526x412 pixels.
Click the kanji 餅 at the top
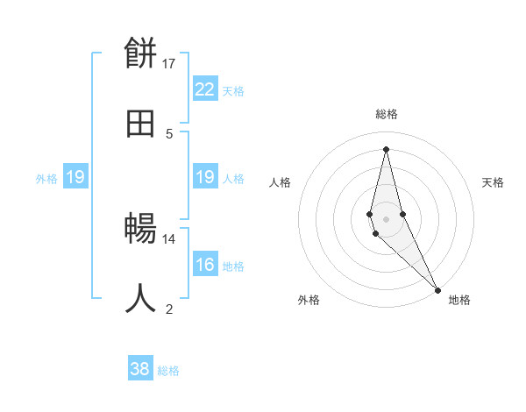[141, 54]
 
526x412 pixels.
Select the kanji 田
[141, 124]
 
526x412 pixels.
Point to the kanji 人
[141, 299]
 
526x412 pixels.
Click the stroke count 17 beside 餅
[169, 63]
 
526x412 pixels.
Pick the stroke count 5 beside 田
[169, 133]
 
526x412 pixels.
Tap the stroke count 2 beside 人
[169, 309]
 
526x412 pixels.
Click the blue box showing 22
[205, 89]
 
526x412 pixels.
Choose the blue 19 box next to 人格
[205, 177]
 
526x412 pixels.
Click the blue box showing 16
[205, 265]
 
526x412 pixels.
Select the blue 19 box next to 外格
[75, 177]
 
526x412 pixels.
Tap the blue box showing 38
[140, 369]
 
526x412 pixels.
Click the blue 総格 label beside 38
[168, 371]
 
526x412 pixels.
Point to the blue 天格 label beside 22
[233, 91]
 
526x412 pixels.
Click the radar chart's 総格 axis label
[387, 114]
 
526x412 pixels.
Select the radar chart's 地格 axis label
[459, 300]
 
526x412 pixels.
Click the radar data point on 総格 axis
[386, 148]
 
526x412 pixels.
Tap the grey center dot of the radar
[386, 218]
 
